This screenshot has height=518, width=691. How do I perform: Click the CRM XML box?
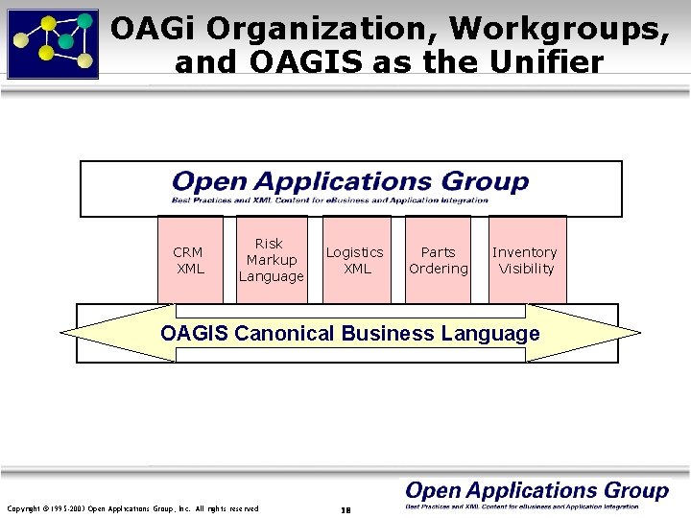pyautogui.click(x=189, y=260)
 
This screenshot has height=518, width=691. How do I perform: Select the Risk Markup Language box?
pyautogui.click(x=271, y=260)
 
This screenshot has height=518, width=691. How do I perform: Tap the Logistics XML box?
pyautogui.click(x=355, y=260)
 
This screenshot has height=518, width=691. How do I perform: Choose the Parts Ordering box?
pyautogui.click(x=438, y=260)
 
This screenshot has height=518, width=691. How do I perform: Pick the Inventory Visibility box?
pyautogui.click(x=526, y=260)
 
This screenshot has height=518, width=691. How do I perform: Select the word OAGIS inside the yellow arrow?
pyautogui.click(x=195, y=334)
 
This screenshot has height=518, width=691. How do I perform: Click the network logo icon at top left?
pyautogui.click(x=53, y=43)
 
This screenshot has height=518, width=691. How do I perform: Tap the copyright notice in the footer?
pyautogui.click(x=132, y=508)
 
